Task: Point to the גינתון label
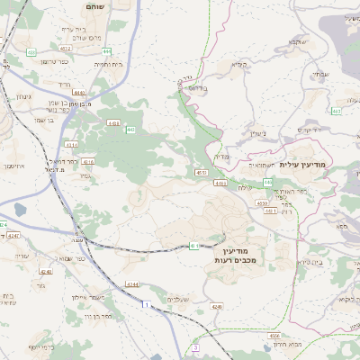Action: coord(23,95)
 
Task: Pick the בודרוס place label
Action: coord(195,87)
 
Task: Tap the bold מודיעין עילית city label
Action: coord(301,165)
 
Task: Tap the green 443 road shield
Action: coord(130,130)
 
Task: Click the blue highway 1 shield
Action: coord(142,307)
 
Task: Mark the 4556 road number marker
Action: coord(274,334)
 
